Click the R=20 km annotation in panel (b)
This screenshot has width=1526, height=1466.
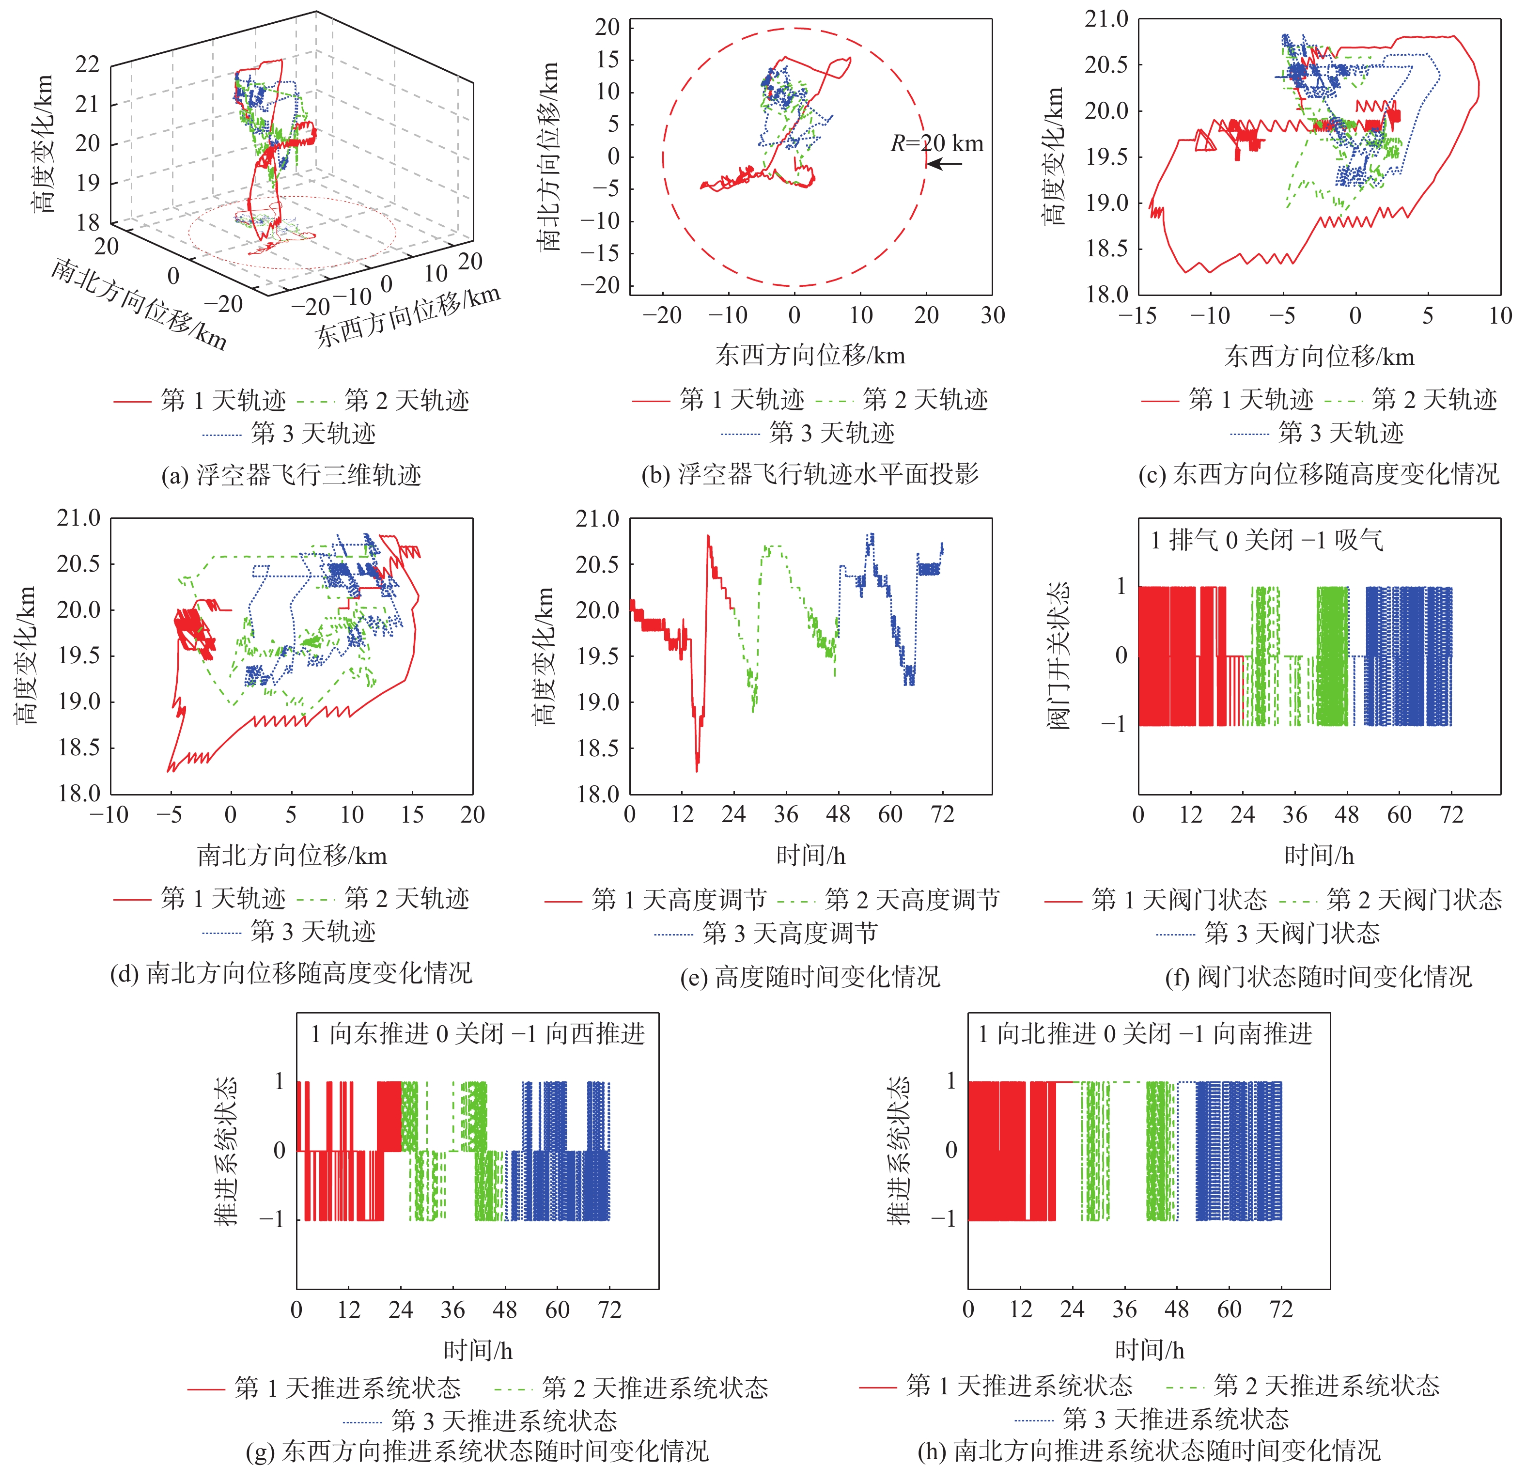point(936,143)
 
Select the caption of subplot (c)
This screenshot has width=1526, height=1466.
point(1318,474)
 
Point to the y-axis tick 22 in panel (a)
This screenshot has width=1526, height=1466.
point(87,64)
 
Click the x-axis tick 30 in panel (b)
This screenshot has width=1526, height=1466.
point(993,315)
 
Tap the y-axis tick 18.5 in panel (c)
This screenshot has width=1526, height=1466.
point(1106,249)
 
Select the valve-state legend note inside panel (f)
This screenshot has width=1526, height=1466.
point(1267,540)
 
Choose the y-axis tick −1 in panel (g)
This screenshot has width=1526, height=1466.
point(272,1219)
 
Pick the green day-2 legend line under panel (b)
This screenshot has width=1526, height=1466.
point(835,401)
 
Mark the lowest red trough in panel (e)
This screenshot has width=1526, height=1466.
point(696,769)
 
